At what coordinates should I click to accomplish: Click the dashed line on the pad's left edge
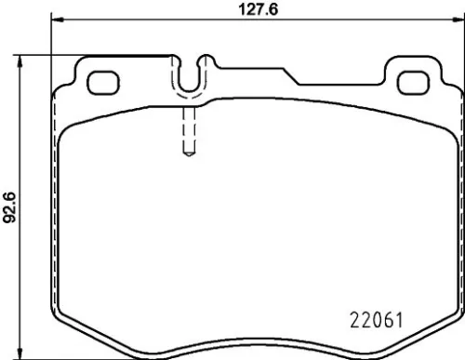[x=54, y=214]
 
